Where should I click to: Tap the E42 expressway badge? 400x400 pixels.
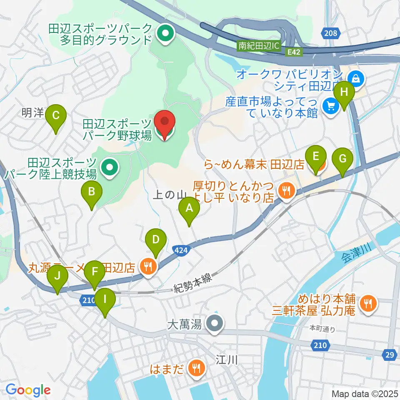click(x=294, y=52)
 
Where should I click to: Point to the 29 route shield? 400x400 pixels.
click(x=390, y=355)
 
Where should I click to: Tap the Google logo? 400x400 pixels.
click(x=28, y=390)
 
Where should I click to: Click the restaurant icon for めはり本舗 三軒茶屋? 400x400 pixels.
click(x=367, y=303)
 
